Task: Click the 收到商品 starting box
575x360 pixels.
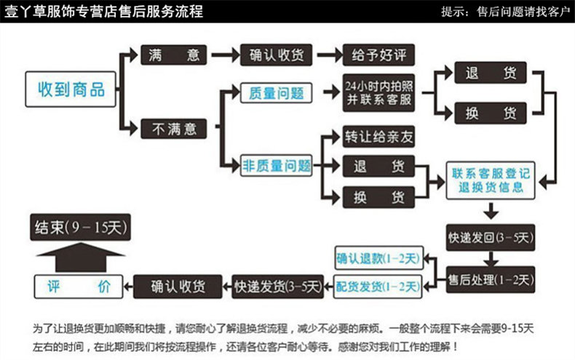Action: (71, 89)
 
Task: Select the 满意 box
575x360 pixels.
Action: (173, 55)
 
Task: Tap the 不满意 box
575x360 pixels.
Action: (173, 129)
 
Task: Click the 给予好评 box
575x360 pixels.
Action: (378, 55)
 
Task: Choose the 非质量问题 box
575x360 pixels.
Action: (276, 166)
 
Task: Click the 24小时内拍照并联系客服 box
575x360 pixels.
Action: (378, 93)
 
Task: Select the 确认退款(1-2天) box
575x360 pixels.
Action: (378, 259)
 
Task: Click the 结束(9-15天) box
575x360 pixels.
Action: (79, 228)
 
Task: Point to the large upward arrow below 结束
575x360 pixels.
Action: (79, 256)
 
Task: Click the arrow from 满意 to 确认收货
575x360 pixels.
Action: (225, 55)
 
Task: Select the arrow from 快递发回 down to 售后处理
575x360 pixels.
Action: (491, 257)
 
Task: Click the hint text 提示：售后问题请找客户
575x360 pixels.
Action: (505, 12)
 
